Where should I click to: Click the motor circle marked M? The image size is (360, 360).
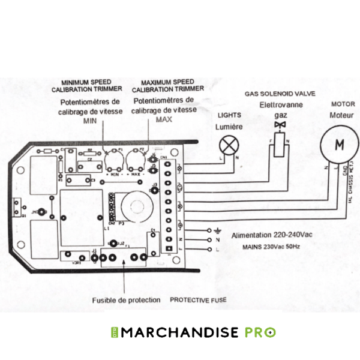(339, 145)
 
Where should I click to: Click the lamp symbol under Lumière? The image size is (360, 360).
(227, 145)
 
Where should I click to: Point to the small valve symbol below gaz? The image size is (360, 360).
(278, 124)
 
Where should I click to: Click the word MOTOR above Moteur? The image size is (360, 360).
(343, 103)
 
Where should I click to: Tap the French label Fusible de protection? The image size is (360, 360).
(126, 299)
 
